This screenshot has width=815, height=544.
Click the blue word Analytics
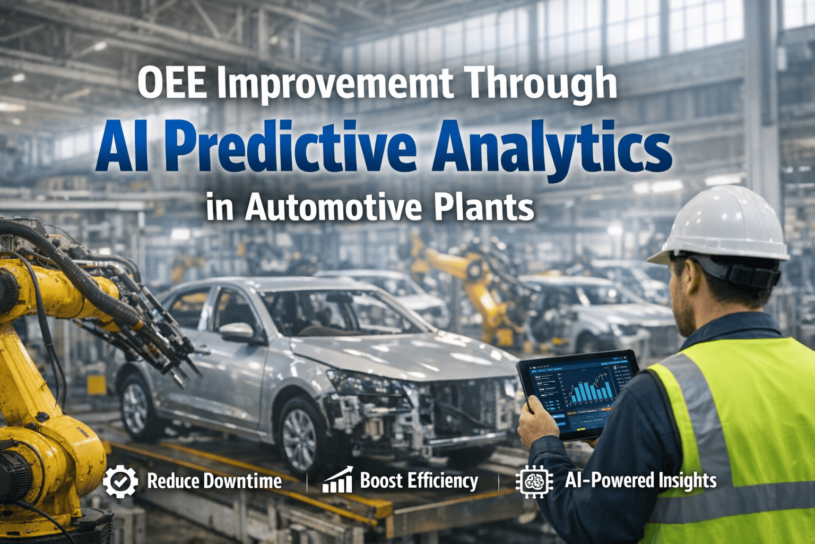(552, 147)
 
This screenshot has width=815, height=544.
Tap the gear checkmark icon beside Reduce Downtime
(120, 481)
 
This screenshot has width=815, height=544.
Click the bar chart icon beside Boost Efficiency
(338, 480)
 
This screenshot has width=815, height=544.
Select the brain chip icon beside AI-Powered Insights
(534, 481)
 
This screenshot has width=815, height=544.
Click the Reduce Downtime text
(214, 481)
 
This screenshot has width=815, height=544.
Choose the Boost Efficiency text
(419, 481)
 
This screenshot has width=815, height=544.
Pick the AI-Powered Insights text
(640, 480)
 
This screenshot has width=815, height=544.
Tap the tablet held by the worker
(578, 393)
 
